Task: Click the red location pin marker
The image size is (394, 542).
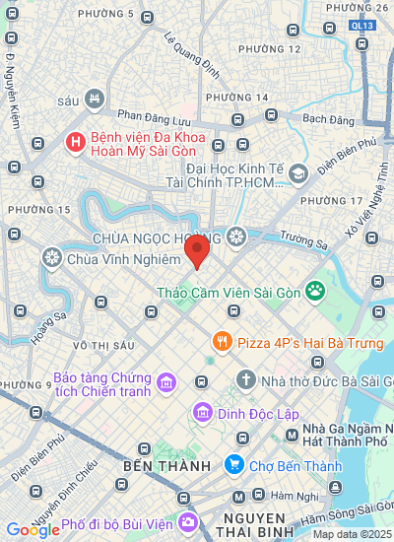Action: [197, 250]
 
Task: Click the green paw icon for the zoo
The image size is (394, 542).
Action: [315, 290]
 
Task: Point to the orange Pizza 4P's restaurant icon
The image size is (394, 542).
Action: [223, 342]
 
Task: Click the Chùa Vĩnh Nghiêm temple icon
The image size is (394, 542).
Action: [52, 258]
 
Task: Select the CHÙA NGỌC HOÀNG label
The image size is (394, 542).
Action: [156, 238]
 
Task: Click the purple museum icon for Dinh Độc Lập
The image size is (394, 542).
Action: [202, 412]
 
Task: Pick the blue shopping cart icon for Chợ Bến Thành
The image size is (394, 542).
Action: [233, 463]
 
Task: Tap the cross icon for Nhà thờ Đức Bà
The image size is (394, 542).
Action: [246, 379]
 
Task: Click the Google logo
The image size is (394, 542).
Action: [33, 530]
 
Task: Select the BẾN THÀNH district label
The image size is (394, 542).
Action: [166, 465]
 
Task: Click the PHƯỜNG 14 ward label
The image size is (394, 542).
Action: [237, 98]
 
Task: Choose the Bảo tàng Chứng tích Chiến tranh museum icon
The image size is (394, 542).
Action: [165, 381]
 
